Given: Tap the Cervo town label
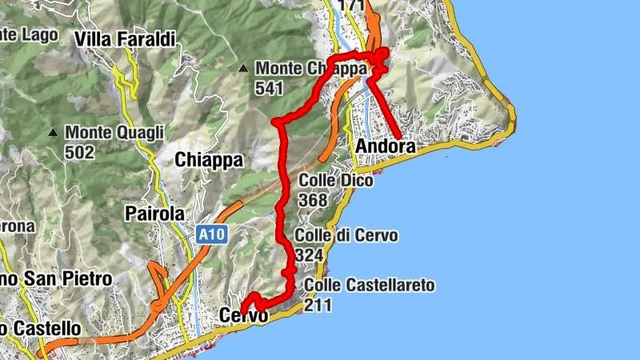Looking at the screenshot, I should [x=243, y=317].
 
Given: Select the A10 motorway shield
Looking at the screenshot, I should [x=210, y=235].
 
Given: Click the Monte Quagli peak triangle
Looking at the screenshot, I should [x=53, y=132].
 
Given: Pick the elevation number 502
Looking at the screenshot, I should [x=80, y=151].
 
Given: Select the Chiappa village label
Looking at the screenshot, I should [x=209, y=160].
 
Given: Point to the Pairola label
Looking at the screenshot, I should [x=155, y=214].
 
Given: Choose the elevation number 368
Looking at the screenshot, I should [x=313, y=200].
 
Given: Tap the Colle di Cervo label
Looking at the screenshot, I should [x=346, y=236].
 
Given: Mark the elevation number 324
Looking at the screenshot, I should [x=309, y=255].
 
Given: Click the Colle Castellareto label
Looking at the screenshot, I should [x=368, y=286].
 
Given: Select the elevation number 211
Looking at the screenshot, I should [x=318, y=305].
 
